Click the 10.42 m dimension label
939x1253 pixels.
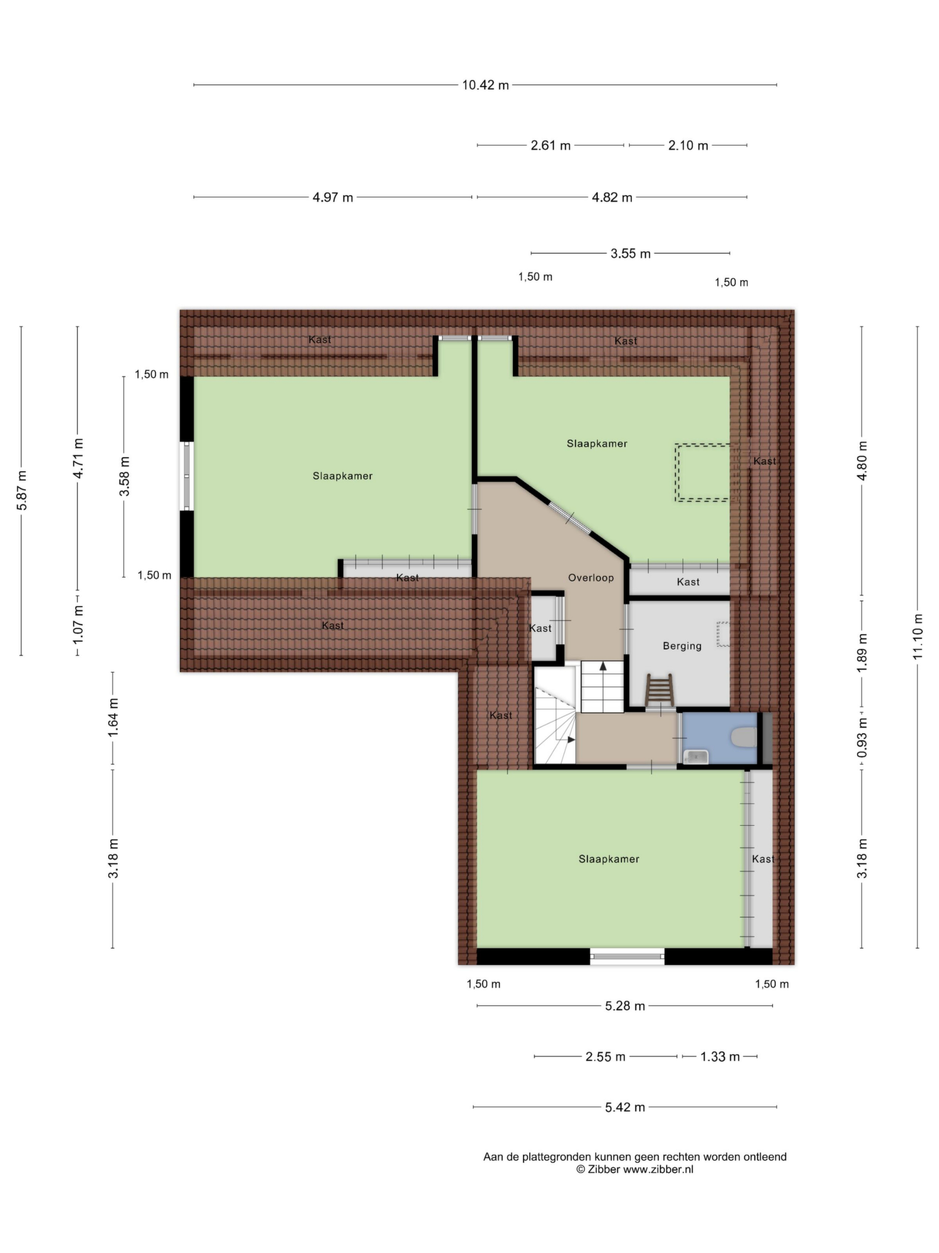click(x=485, y=85)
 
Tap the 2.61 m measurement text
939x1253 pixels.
click(x=550, y=145)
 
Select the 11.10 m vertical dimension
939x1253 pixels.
click(x=917, y=636)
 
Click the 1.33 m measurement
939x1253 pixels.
click(x=720, y=1056)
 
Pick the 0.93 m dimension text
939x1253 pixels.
click(x=862, y=738)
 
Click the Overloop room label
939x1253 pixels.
click(x=591, y=578)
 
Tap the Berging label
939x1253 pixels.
click(x=682, y=646)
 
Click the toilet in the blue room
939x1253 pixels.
click(x=744, y=738)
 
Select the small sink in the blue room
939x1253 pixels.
click(x=695, y=756)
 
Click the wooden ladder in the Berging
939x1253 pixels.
click(x=659, y=691)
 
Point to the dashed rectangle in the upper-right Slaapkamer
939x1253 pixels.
click(x=702, y=472)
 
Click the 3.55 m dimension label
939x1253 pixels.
click(x=630, y=254)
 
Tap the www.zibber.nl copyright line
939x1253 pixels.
click(x=634, y=1169)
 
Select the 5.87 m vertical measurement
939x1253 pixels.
click(x=22, y=490)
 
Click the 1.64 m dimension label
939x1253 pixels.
click(x=113, y=718)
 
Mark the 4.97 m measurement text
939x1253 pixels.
click(x=333, y=198)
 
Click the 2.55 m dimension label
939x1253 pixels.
click(x=605, y=1056)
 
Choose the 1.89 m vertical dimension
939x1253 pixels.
click(x=862, y=653)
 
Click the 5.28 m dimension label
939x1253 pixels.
click(x=625, y=1006)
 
